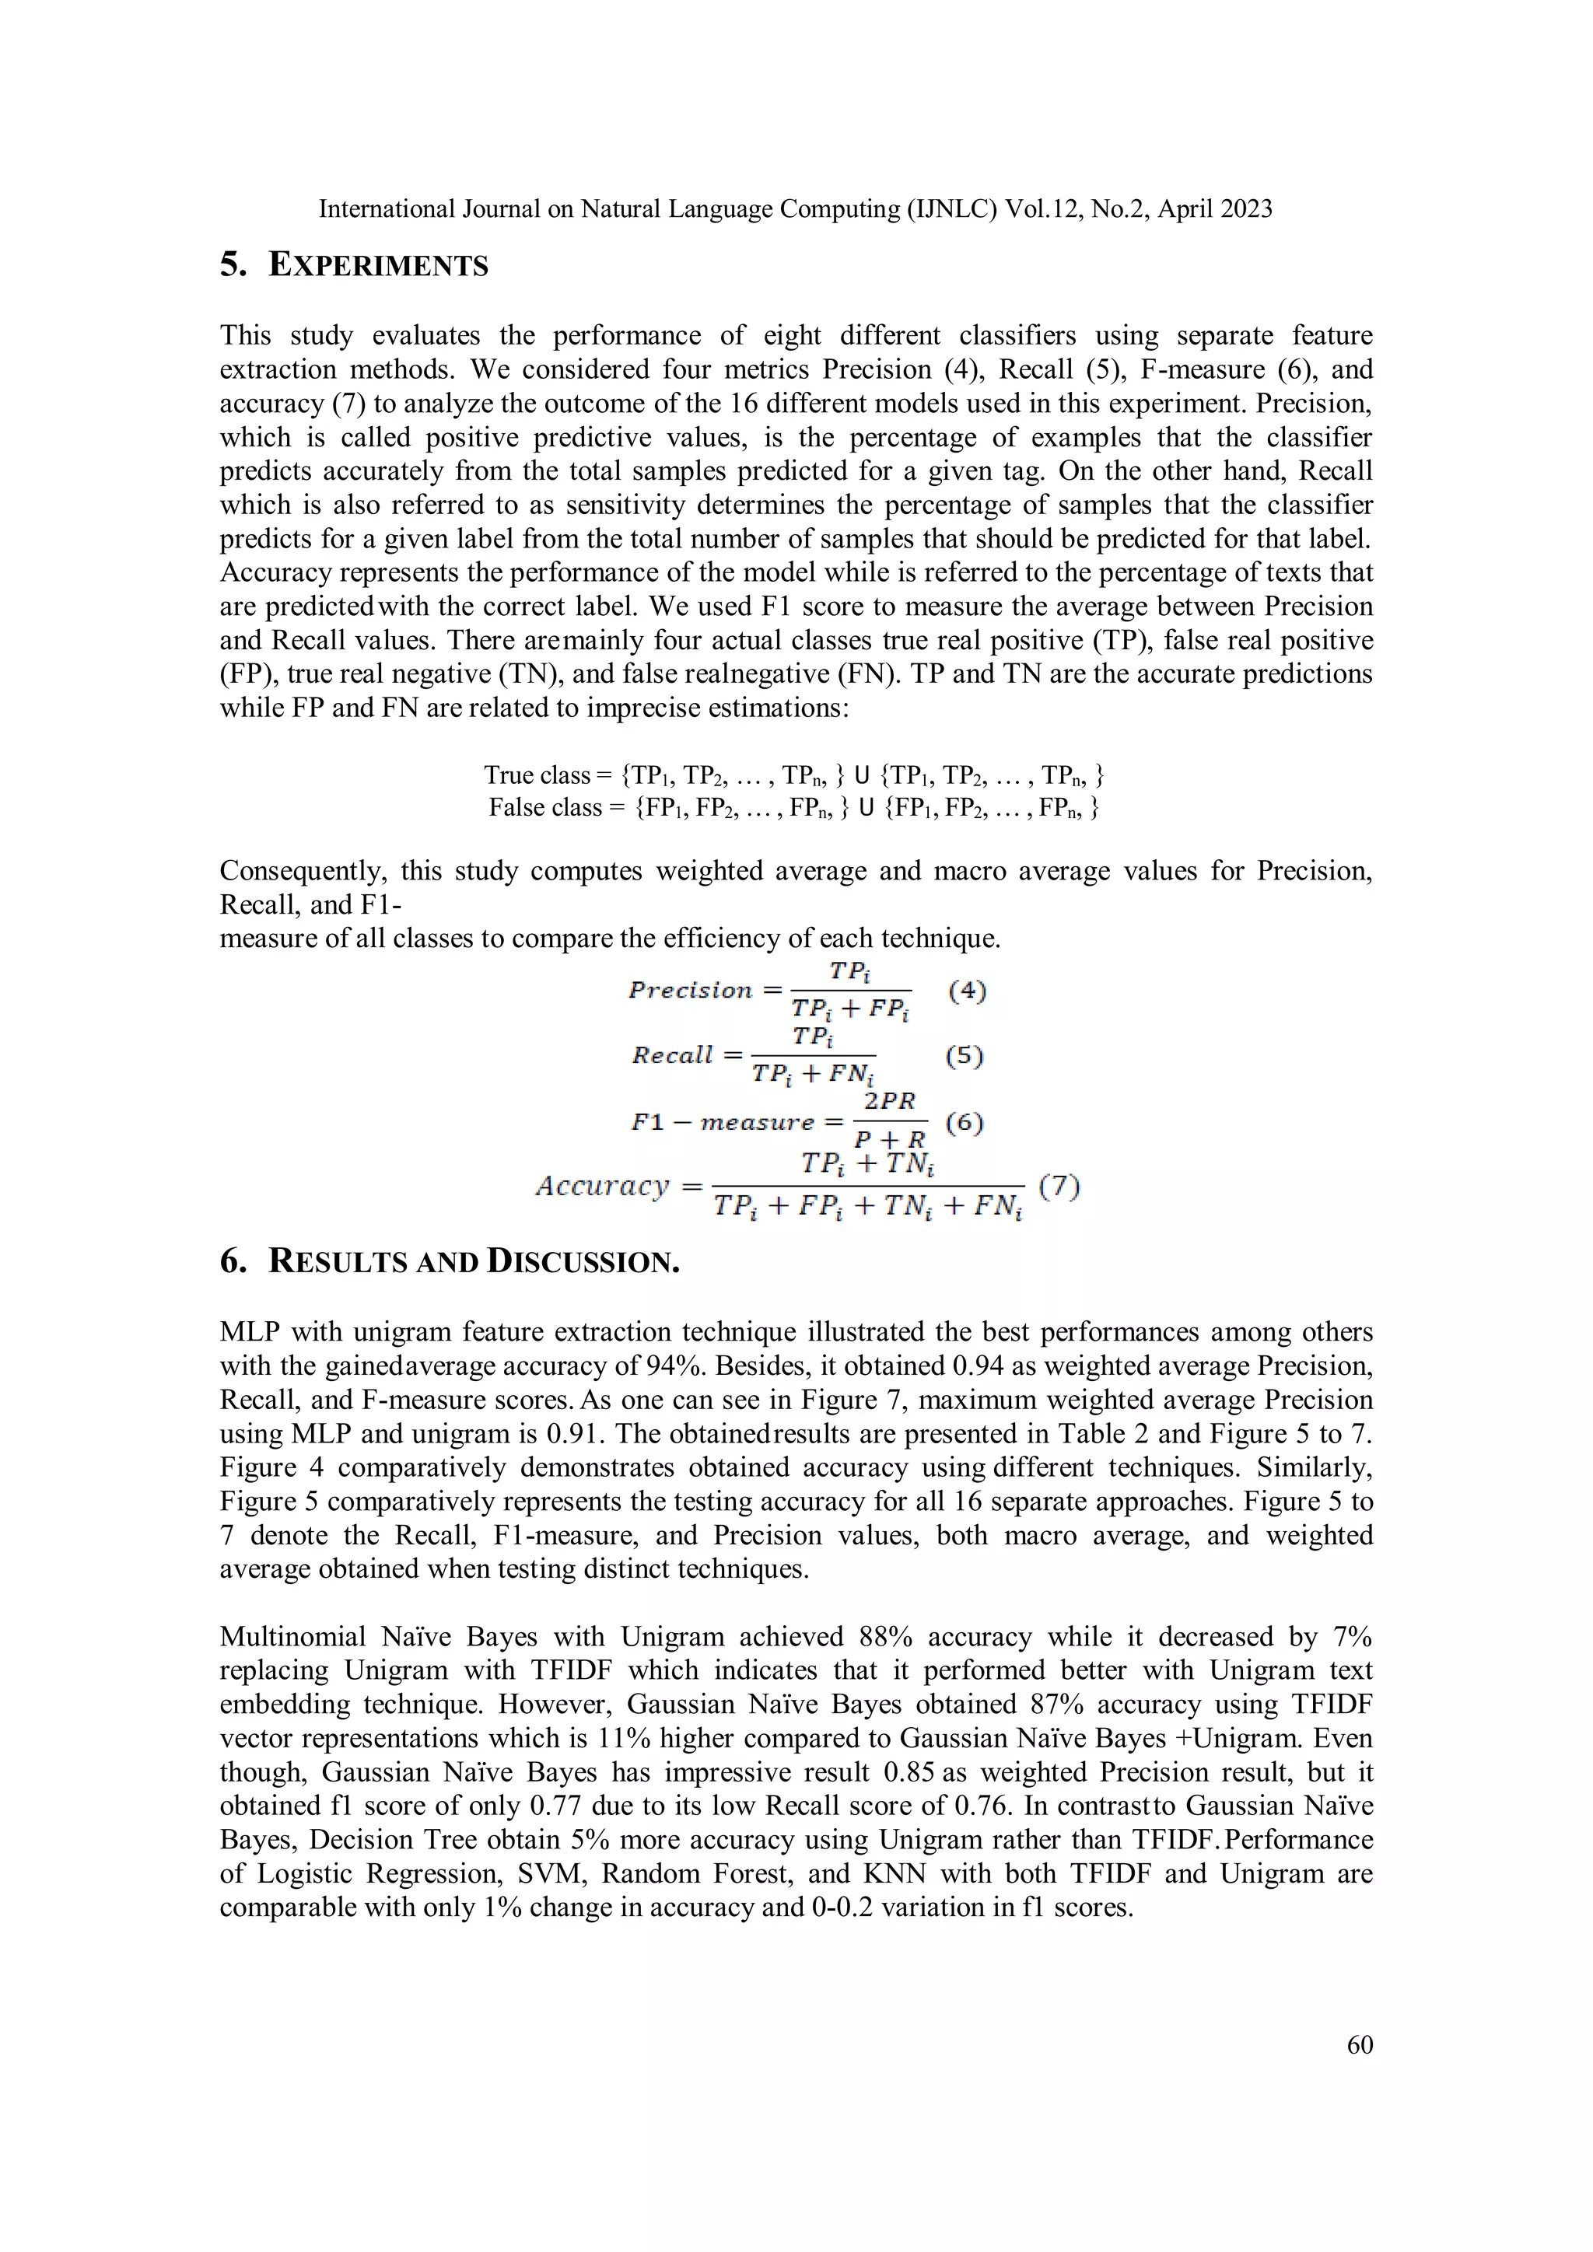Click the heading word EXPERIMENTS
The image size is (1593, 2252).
tap(378, 266)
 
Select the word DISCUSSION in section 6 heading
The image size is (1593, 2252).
tap(583, 1261)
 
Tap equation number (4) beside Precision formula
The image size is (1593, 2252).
tap(967, 991)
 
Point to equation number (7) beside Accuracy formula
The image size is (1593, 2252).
tap(1059, 1187)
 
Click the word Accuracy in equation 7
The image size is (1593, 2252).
tap(602, 1186)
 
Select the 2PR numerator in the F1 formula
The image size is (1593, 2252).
tap(889, 1101)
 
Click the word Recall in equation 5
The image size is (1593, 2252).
tap(672, 1055)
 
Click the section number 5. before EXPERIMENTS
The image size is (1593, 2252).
tap(233, 266)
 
